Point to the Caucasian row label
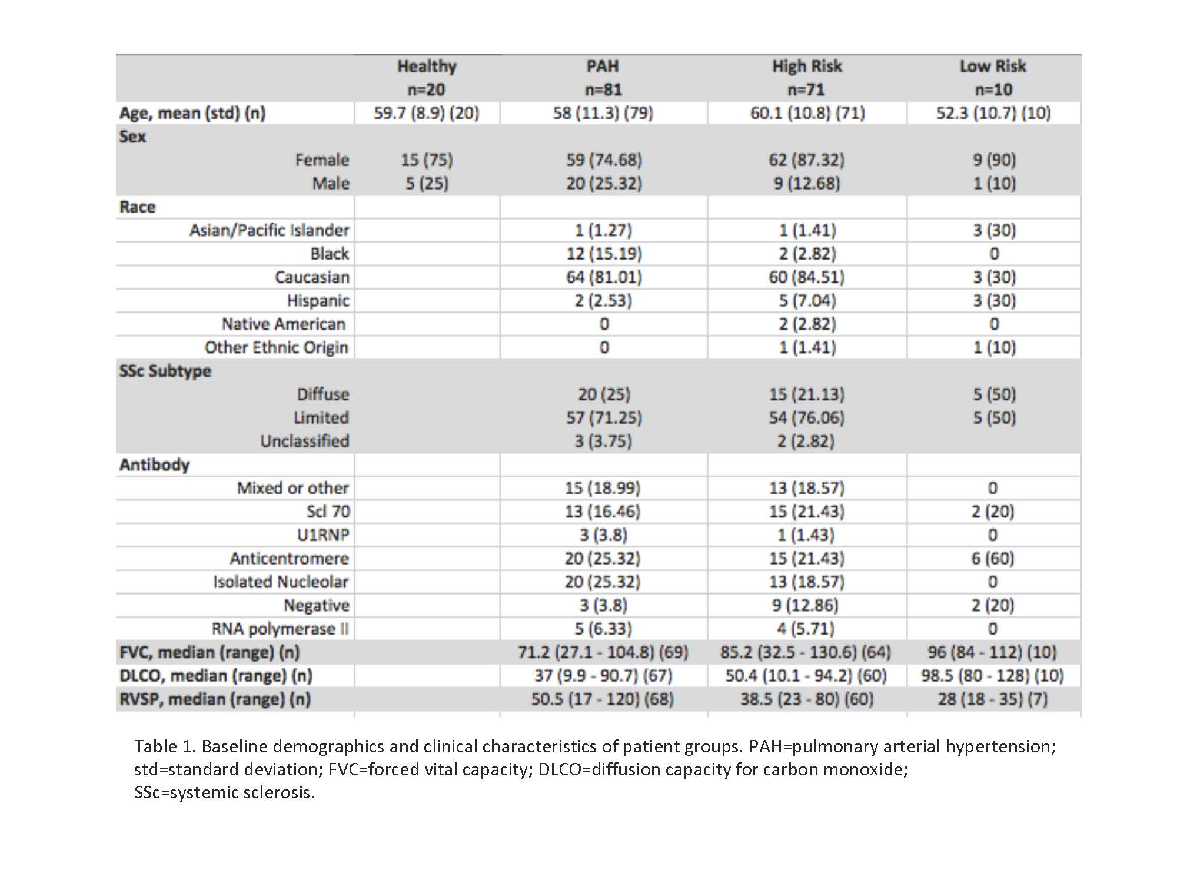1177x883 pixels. click(x=312, y=277)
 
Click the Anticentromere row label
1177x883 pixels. click(x=289, y=558)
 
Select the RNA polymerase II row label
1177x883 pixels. click(x=280, y=629)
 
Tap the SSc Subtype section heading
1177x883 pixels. click(x=165, y=371)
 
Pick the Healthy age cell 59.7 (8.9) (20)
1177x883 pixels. click(x=427, y=113)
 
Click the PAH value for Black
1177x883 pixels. click(x=604, y=254)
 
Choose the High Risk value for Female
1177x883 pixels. click(x=806, y=160)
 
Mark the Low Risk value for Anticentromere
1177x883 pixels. click(x=993, y=558)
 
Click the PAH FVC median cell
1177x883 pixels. click(x=603, y=652)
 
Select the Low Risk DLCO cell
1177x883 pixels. click(x=993, y=676)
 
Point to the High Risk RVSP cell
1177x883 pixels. click(x=806, y=699)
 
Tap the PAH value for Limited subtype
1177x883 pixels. click(x=604, y=418)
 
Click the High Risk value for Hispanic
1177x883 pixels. click(x=806, y=301)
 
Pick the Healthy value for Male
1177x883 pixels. click(x=427, y=184)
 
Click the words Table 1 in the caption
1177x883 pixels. click(x=163, y=746)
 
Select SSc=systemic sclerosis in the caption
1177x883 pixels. click(x=224, y=792)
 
